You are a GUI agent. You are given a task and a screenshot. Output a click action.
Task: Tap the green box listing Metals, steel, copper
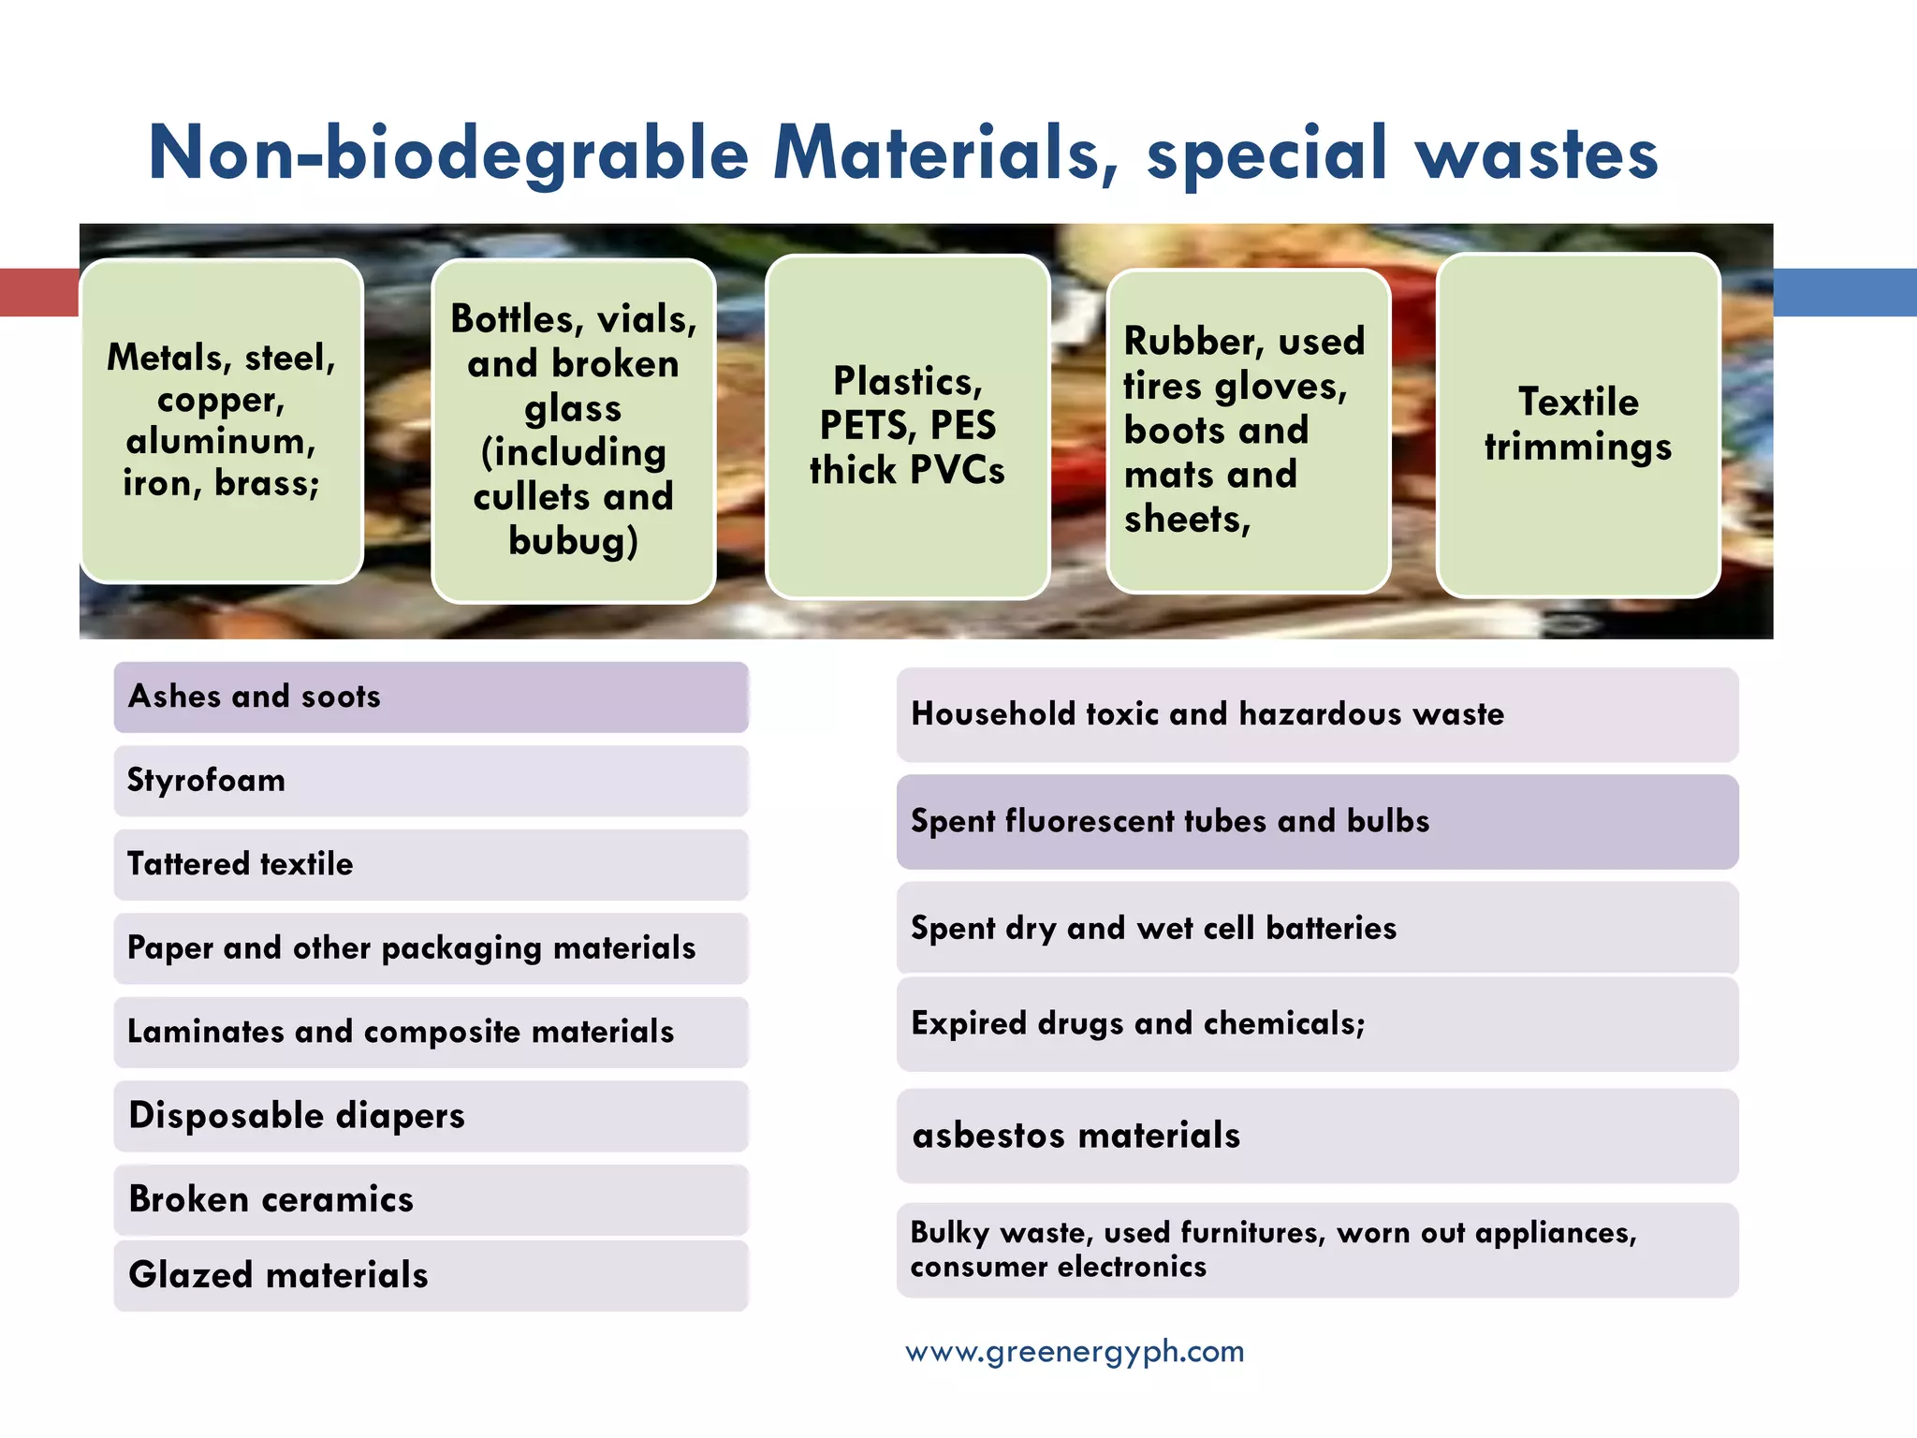coord(222,421)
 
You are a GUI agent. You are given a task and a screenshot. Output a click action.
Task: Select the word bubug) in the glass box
coord(573,541)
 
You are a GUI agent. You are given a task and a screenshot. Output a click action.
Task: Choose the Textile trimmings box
coord(1578,425)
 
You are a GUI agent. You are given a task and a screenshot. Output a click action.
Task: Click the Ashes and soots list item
coord(431,697)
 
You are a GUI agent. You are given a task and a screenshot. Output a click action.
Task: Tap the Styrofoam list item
coord(431,781)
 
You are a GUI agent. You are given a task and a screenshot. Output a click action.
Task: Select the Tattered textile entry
coord(431,864)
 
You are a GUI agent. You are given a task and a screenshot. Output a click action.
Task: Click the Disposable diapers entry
coord(431,1116)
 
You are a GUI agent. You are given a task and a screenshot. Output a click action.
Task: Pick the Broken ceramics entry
coord(431,1200)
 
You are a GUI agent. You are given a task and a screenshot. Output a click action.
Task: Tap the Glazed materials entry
coord(431,1275)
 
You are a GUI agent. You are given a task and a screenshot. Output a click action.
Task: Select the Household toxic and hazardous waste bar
coord(1317,714)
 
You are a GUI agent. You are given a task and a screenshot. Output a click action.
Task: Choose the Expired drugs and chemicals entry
coord(1317,1024)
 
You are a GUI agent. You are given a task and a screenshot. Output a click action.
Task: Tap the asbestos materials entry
coord(1317,1136)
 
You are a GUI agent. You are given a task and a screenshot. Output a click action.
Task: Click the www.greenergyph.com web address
coord(1075,1352)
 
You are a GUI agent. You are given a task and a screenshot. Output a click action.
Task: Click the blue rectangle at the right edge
coord(1844,292)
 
